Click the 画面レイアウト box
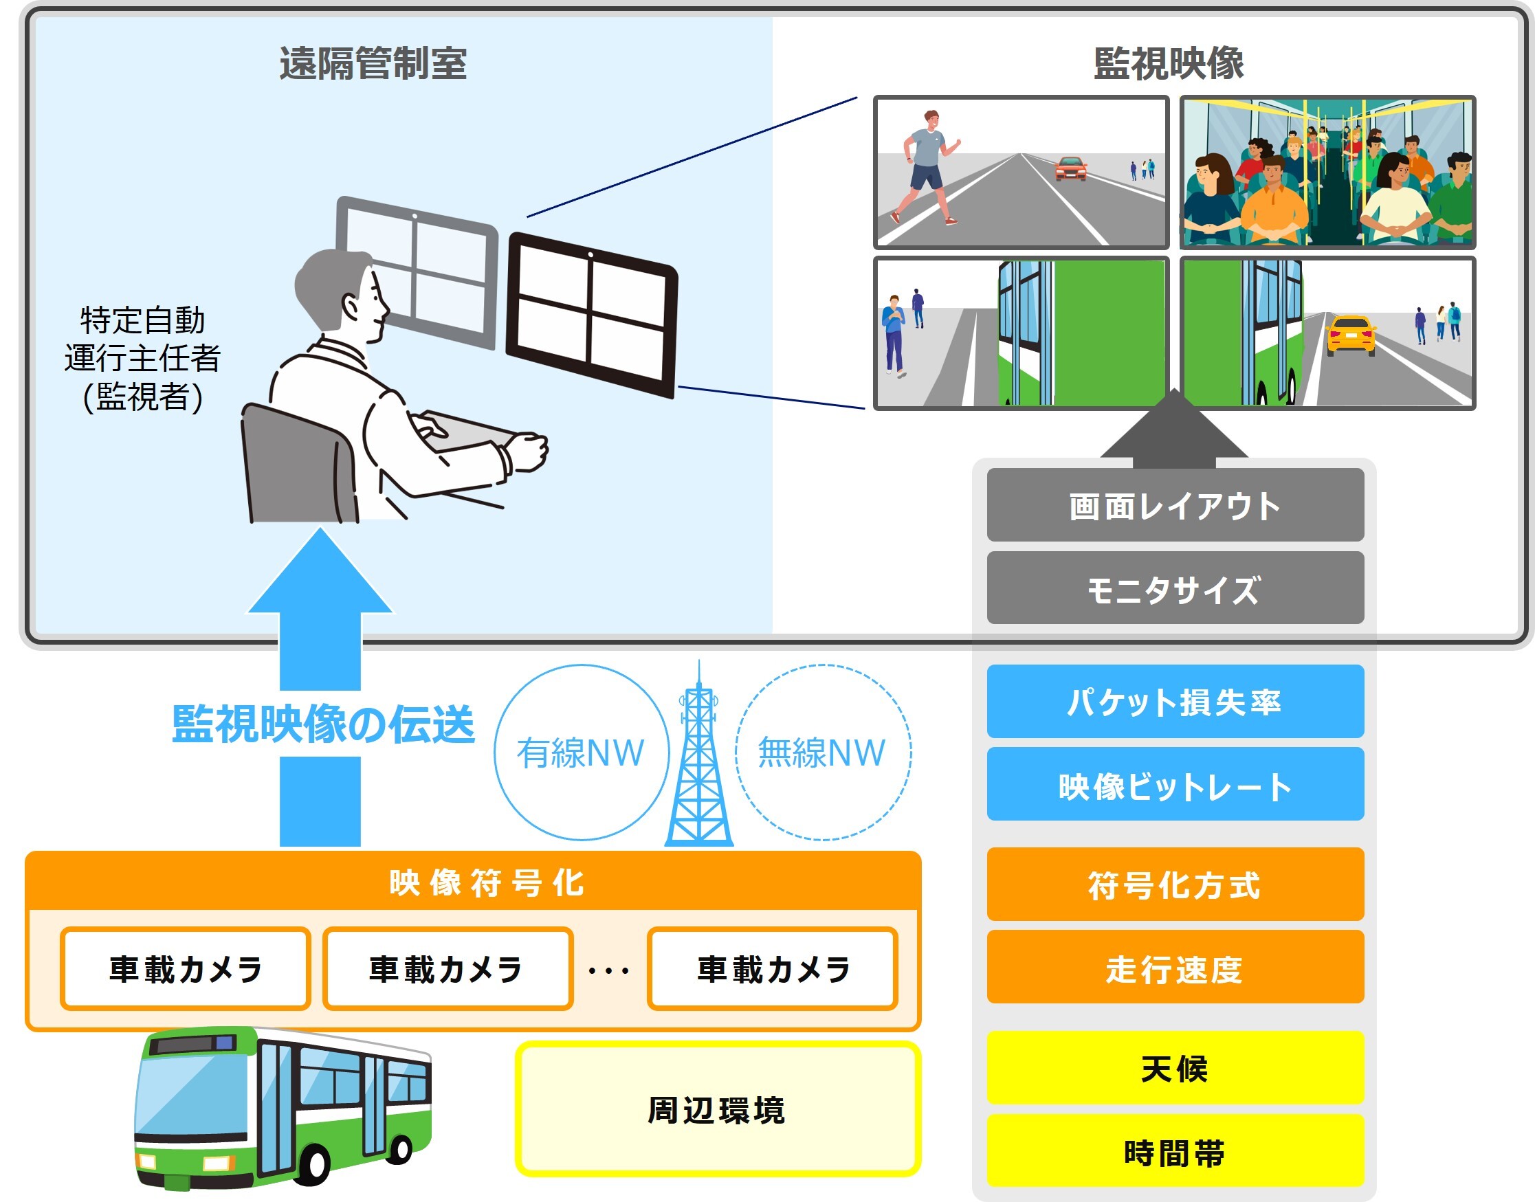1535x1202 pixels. point(1175,505)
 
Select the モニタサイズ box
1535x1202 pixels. point(1175,588)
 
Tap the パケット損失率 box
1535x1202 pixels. point(1175,701)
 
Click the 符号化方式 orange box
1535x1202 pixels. point(1175,884)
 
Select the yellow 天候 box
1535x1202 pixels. point(1175,1067)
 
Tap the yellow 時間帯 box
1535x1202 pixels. point(1175,1151)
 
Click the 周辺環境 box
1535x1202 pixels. point(717,1109)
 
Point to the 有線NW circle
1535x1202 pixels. point(581,752)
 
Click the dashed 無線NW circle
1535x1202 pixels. point(822,752)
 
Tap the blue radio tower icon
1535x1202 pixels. point(699,760)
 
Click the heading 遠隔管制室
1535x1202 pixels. point(373,63)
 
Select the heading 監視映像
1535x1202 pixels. point(1169,63)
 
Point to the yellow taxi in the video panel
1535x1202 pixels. point(1350,333)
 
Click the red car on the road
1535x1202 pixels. point(1070,169)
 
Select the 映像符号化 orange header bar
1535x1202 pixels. point(473,881)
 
